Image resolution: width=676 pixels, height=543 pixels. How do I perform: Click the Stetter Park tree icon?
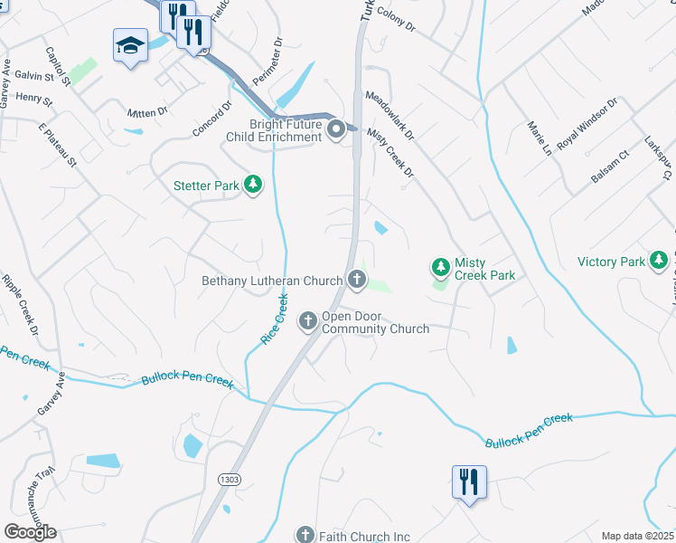pyautogui.click(x=254, y=186)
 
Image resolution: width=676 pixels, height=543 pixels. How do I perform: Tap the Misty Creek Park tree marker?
pyautogui.click(x=441, y=267)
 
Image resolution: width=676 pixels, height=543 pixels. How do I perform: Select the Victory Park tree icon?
pyautogui.click(x=659, y=262)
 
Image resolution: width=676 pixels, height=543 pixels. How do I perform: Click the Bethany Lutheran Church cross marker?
pyautogui.click(x=358, y=280)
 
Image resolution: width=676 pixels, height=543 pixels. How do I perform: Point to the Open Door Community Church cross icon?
pyautogui.click(x=307, y=320)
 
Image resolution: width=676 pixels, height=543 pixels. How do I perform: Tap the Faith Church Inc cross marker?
pyautogui.click(x=305, y=536)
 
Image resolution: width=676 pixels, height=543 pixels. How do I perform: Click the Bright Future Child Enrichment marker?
pyautogui.click(x=336, y=129)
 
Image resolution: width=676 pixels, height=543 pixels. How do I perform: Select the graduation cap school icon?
pyautogui.click(x=130, y=45)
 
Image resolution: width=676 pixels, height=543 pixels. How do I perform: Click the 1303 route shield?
pyautogui.click(x=230, y=481)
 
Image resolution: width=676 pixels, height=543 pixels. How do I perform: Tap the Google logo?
pyautogui.click(x=30, y=532)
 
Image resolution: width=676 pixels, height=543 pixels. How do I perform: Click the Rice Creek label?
pyautogui.click(x=274, y=318)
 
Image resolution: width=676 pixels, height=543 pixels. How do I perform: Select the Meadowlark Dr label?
pyautogui.click(x=390, y=114)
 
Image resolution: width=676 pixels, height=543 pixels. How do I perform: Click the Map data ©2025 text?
pyautogui.click(x=638, y=536)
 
